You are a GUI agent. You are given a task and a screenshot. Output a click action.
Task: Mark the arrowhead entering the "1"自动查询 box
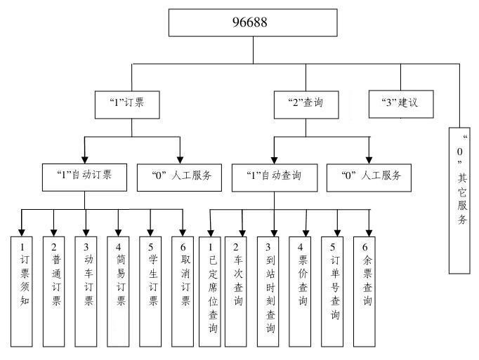pyautogui.click(x=274, y=159)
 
